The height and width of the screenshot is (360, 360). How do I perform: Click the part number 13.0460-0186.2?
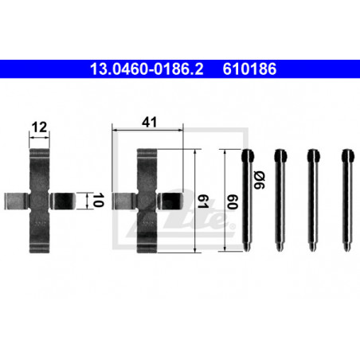pyautogui.click(x=147, y=68)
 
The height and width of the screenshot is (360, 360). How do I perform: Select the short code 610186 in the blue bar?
pyautogui.click(x=249, y=68)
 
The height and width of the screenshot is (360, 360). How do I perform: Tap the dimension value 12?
pyautogui.click(x=39, y=127)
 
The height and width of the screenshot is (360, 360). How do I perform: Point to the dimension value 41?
pyautogui.click(x=149, y=122)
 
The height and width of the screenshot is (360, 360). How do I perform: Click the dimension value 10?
pyautogui.click(x=98, y=200)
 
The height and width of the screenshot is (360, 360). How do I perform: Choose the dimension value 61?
pyautogui.click(x=203, y=201)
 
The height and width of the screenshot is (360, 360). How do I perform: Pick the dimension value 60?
pyautogui.click(x=233, y=202)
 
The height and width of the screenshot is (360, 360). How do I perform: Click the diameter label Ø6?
pyautogui.click(x=259, y=180)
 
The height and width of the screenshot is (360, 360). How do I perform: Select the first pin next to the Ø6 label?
pyautogui.click(x=247, y=200)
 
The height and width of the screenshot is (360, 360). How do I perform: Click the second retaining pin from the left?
pyautogui.click(x=280, y=200)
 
